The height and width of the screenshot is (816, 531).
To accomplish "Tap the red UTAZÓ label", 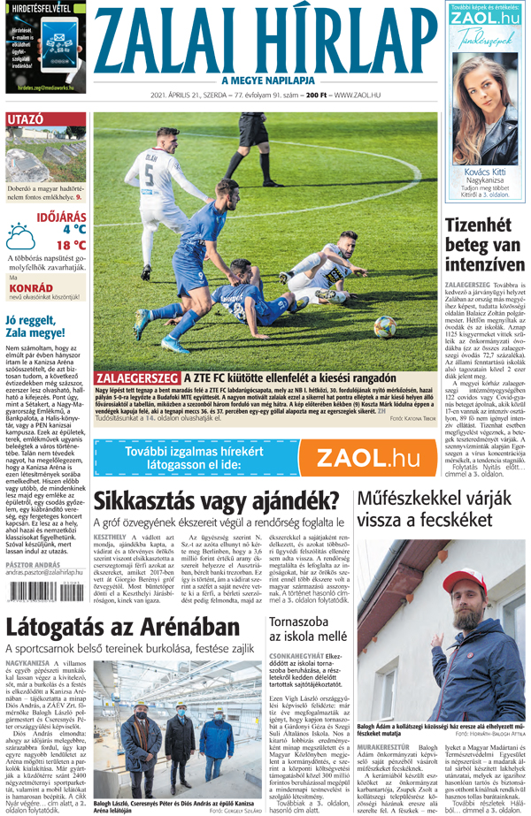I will click(x=25, y=119).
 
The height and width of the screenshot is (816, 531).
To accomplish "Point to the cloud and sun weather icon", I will click(x=19, y=235).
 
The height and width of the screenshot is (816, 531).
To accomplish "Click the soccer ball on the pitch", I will click(x=385, y=327).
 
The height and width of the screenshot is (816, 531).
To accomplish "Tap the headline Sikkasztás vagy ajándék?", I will click(x=217, y=501).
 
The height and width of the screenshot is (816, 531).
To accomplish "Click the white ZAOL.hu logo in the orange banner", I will click(x=368, y=457).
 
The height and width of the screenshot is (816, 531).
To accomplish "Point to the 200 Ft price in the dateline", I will click(x=314, y=95).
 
